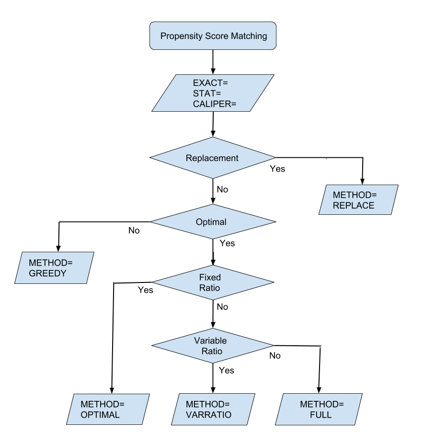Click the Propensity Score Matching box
point(213,35)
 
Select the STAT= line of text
point(207,93)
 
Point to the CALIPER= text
point(215,104)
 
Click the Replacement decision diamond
point(213,158)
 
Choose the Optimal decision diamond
point(213,222)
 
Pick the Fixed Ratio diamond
point(213,282)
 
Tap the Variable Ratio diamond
point(213,346)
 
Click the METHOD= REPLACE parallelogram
point(358,200)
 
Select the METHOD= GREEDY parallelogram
point(54,268)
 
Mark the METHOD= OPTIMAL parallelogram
point(108,409)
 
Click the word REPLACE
point(354,206)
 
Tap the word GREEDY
point(47,273)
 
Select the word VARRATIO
point(208,415)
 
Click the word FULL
point(321,415)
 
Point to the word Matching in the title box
point(248,36)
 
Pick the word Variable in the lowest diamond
point(210,340)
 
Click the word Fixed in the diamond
point(210,277)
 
